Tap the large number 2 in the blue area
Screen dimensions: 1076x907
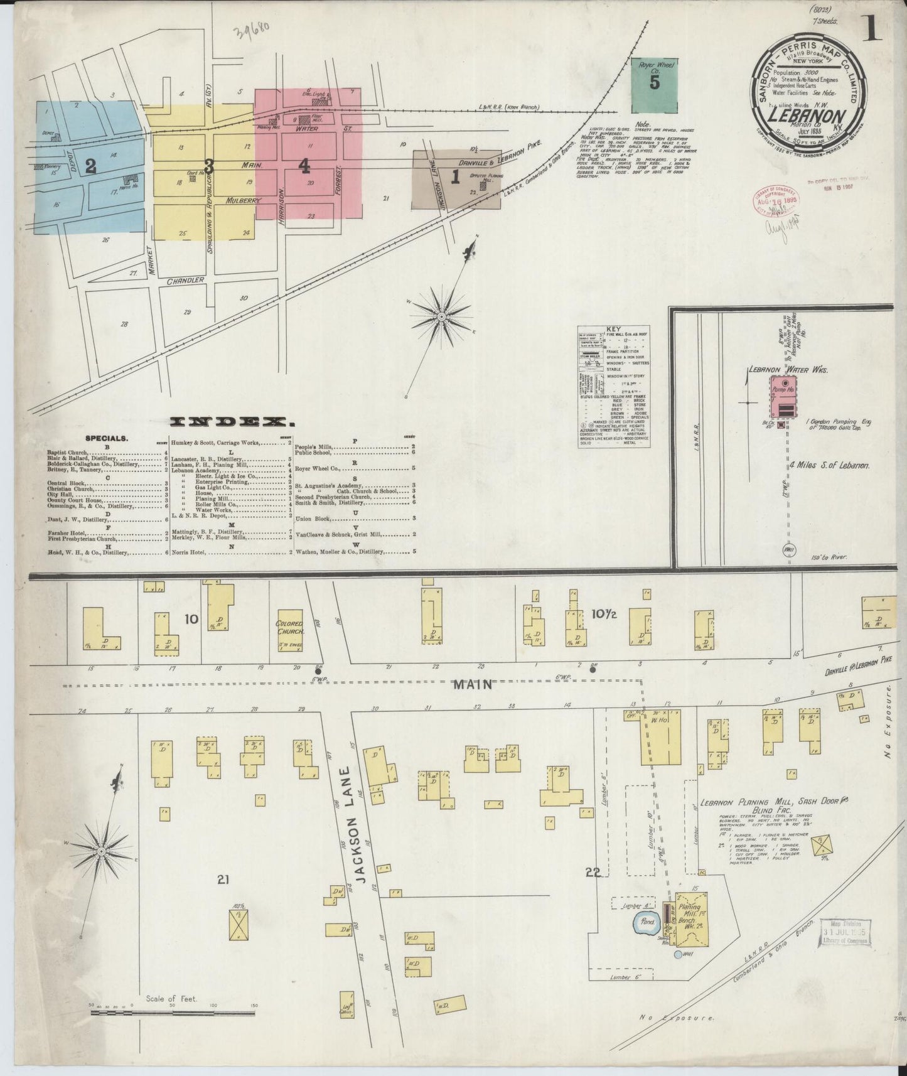click(90, 166)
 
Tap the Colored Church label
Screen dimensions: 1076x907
click(289, 627)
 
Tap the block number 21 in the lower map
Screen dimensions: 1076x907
click(223, 881)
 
